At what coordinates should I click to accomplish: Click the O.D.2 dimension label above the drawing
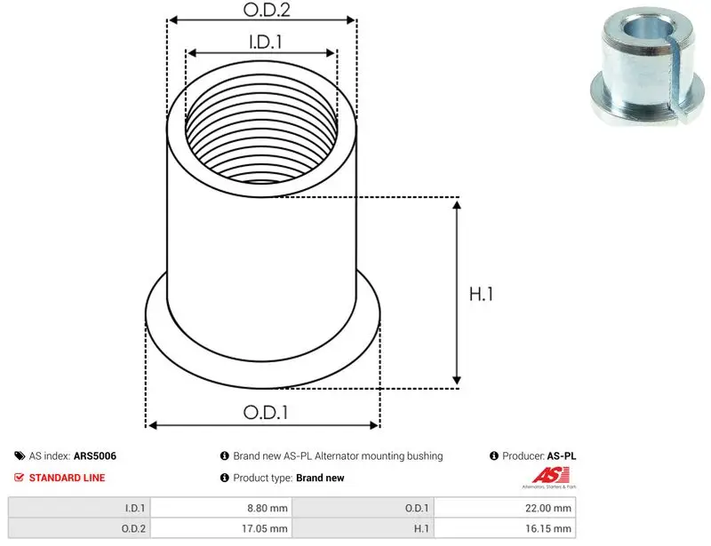(x=266, y=10)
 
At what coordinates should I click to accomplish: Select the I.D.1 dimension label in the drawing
(x=265, y=42)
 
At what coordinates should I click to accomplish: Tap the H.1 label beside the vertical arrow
(x=481, y=294)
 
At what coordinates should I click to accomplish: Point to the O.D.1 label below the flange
(x=266, y=412)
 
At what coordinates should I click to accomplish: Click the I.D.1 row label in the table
(x=135, y=509)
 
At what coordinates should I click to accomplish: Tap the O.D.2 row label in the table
(x=133, y=529)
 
